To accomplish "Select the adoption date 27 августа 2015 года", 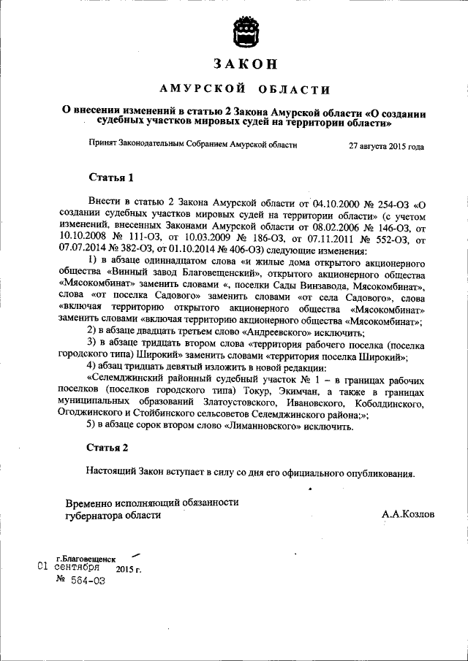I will click(x=386, y=146).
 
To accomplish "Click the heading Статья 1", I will click(x=111, y=177).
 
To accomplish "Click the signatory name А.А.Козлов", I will click(x=407, y=514).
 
